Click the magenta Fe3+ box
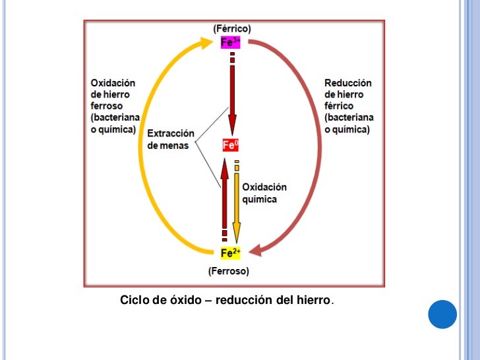(231, 43)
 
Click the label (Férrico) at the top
(231, 29)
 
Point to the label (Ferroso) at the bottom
(228, 270)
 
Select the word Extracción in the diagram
(171, 133)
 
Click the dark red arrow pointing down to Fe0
(231, 99)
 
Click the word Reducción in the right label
(348, 83)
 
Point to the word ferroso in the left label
(107, 105)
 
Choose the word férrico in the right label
(339, 105)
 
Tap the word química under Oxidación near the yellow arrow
(260, 198)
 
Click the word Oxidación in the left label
(113, 83)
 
